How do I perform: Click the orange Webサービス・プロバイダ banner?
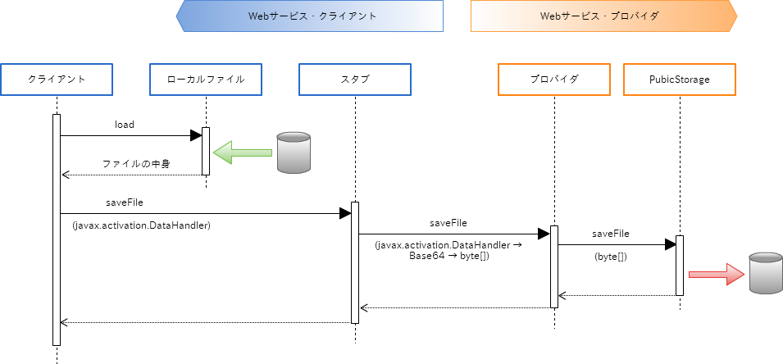pyautogui.click(x=603, y=16)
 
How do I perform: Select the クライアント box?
pyautogui.click(x=57, y=80)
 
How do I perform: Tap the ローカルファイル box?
pyautogui.click(x=206, y=80)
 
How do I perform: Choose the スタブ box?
pyautogui.click(x=355, y=80)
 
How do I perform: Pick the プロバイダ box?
pyautogui.click(x=554, y=80)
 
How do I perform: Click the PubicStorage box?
pyautogui.click(x=680, y=80)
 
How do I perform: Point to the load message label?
pyautogui.click(x=125, y=125)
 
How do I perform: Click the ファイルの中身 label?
pyautogui.click(x=136, y=164)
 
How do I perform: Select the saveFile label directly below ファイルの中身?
pyautogui.click(x=125, y=202)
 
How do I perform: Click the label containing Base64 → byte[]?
pyautogui.click(x=448, y=250)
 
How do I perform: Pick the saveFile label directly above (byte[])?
pyautogui.click(x=611, y=234)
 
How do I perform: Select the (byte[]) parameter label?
pyautogui.click(x=611, y=257)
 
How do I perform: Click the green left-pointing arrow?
pyautogui.click(x=243, y=152)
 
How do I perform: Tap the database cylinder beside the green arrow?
pyautogui.click(x=294, y=152)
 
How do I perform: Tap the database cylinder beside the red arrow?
pyautogui.click(x=766, y=274)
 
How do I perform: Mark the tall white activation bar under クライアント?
pyautogui.click(x=57, y=230)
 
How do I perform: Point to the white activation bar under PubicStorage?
pyautogui.click(x=680, y=265)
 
